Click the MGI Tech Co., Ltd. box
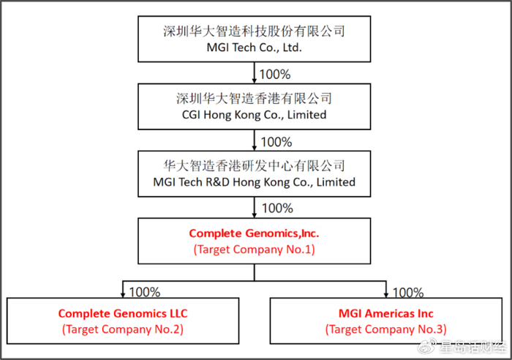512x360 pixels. [254, 40]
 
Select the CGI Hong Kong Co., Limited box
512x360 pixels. [254, 106]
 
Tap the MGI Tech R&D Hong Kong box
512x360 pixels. [254, 173]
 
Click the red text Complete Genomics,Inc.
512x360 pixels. [254, 233]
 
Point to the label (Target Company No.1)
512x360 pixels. [254, 250]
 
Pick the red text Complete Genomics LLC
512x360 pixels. [123, 313]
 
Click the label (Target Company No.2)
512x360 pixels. [123, 329]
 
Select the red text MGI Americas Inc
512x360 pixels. [385, 313]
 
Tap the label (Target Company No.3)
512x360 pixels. [385, 329]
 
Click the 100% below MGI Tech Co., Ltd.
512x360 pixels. [276, 75]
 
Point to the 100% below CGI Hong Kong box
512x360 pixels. [276, 141]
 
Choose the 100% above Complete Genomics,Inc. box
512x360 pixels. [276, 209]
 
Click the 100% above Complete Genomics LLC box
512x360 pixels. [145, 292]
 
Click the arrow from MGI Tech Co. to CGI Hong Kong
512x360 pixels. [254, 73]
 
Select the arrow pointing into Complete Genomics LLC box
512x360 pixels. [123, 290]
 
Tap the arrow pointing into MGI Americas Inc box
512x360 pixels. [385, 290]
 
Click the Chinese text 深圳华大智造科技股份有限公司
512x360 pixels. [254, 31]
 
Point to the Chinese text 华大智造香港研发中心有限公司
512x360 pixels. [254, 165]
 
